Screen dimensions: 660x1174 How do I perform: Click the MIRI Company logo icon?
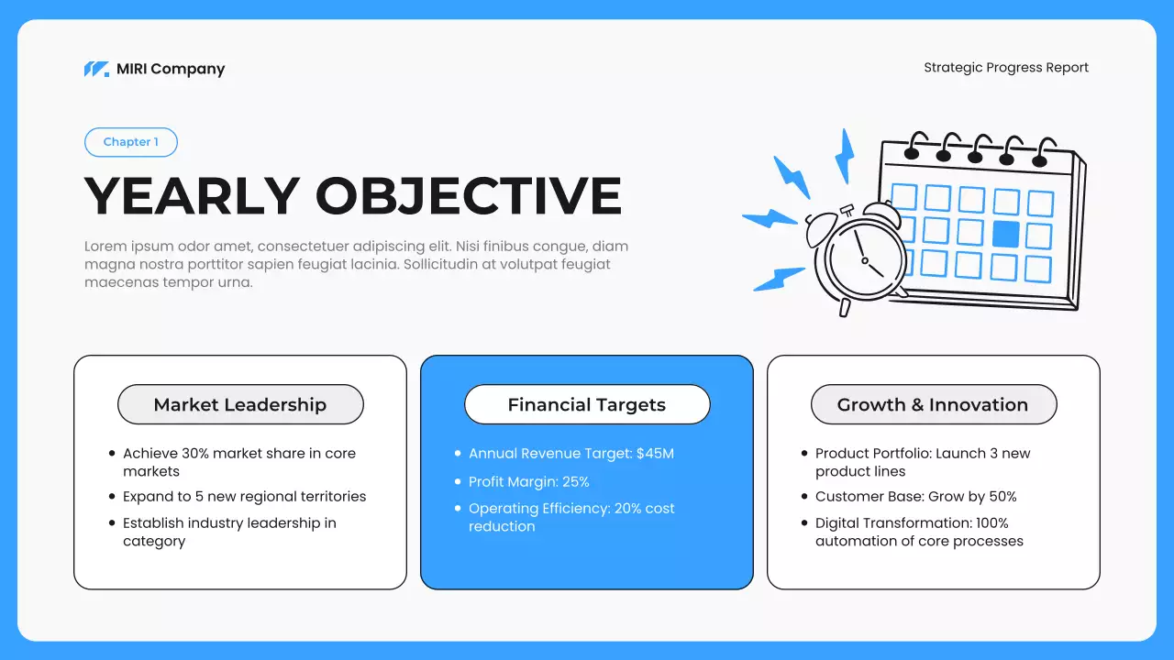(x=96, y=69)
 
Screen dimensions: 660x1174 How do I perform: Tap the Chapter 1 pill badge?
(x=130, y=142)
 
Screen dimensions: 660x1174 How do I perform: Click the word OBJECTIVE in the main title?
(x=469, y=195)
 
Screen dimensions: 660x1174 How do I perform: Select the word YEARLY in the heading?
(x=192, y=195)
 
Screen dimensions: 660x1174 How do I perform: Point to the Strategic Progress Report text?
(x=1006, y=68)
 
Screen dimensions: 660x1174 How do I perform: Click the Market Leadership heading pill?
(x=240, y=404)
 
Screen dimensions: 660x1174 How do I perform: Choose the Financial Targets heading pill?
(x=587, y=404)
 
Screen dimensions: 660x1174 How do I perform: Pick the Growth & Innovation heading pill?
(x=933, y=404)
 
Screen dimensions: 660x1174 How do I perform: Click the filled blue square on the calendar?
(x=1005, y=234)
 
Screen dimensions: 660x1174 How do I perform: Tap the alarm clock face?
(x=863, y=258)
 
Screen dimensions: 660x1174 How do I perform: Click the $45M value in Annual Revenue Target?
(x=655, y=454)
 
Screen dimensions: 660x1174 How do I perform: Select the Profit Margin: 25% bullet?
(x=528, y=481)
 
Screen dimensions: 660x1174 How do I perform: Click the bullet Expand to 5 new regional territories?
(x=244, y=497)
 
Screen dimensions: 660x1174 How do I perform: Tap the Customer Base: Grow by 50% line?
(x=915, y=497)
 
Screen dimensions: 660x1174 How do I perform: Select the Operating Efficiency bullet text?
(x=570, y=517)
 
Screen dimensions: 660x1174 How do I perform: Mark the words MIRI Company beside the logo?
(x=171, y=69)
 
